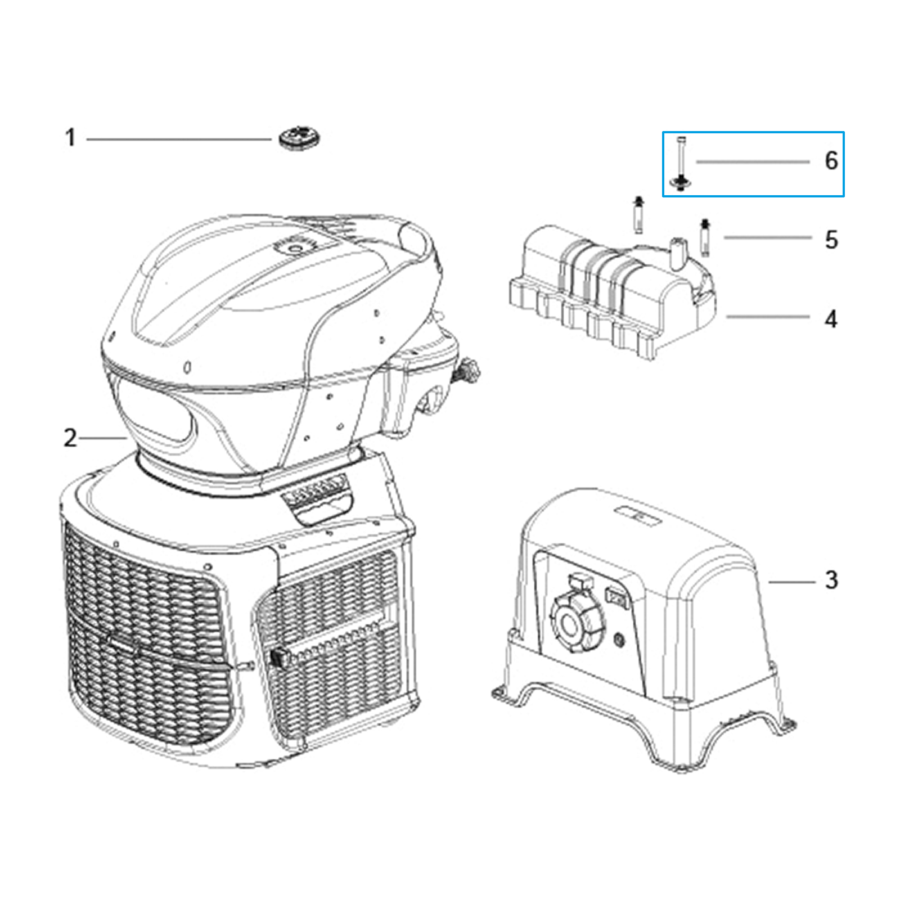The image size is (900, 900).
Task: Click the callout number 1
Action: point(70,138)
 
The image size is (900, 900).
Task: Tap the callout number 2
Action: point(70,438)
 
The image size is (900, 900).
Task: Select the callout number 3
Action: point(831,580)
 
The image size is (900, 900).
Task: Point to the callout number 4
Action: point(831,319)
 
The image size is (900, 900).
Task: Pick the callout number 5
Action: point(831,240)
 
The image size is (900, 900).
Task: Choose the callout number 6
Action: point(831,160)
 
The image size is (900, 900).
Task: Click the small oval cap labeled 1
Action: point(300,138)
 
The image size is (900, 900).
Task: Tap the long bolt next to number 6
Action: point(681,164)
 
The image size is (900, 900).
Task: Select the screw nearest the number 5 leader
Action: point(705,237)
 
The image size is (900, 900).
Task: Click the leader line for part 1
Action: point(179,139)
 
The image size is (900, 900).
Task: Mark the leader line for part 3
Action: point(792,582)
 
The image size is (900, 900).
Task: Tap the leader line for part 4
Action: point(768,317)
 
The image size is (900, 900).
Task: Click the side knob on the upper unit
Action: point(470,371)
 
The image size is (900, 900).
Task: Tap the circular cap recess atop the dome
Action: point(294,247)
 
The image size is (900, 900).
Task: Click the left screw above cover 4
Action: point(638,215)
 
